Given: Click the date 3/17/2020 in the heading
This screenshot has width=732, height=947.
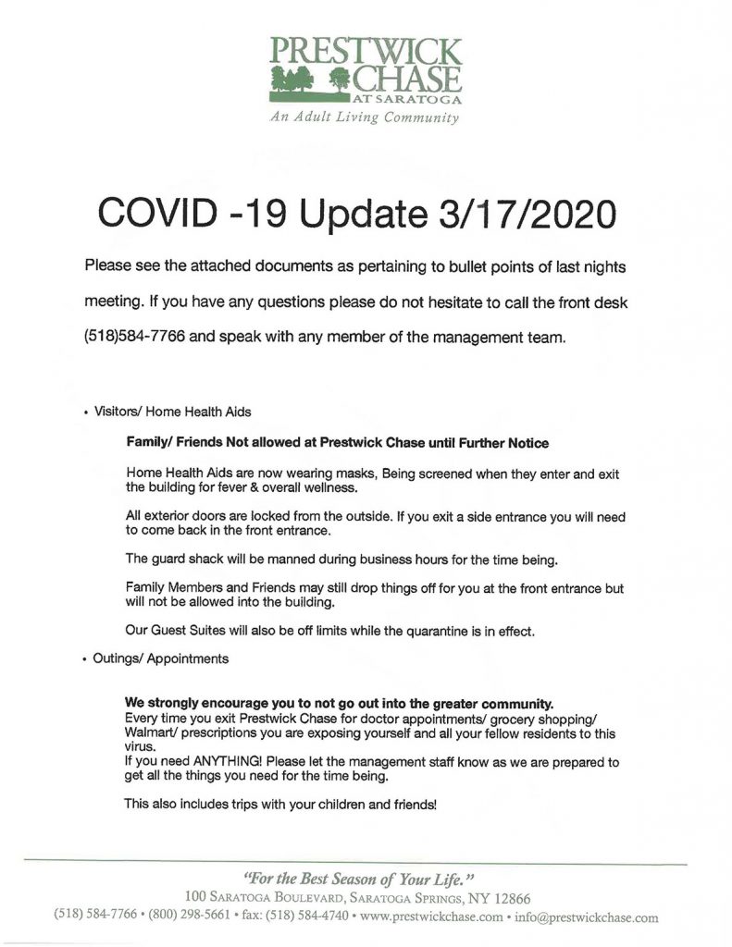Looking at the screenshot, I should coord(521,214).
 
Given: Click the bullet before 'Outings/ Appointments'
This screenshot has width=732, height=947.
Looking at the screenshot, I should coord(85,660).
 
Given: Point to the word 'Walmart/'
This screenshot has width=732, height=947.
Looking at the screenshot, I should coord(151,733).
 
